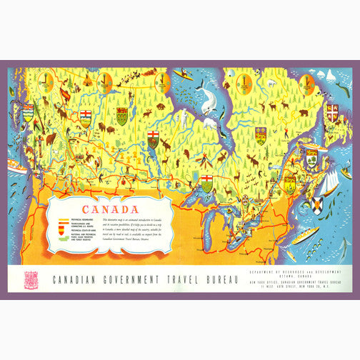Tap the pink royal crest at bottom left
click(30, 279)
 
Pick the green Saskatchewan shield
click(122, 116)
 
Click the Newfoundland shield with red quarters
click(332, 113)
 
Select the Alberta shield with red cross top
click(86, 117)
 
